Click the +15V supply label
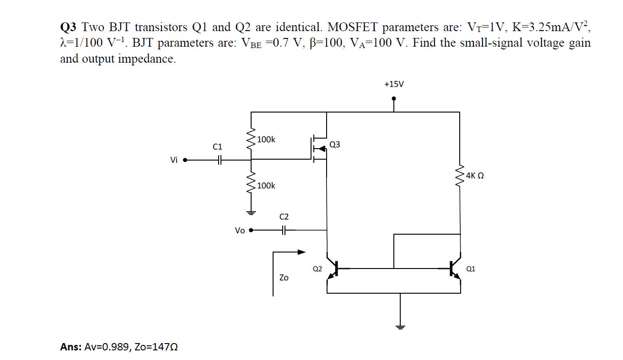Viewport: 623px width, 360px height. coord(394,84)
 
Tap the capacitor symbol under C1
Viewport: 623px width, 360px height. coord(220,160)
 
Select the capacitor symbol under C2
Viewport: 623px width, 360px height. coord(284,230)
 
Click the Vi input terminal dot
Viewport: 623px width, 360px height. coord(185,161)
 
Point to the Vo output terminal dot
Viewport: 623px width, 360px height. coord(251,230)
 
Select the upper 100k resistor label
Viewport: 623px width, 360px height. coord(266,139)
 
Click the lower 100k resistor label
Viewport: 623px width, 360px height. coord(266,185)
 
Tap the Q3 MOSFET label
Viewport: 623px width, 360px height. coord(334,145)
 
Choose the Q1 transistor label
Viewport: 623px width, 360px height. coord(471,269)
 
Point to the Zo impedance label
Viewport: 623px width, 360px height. coord(284,278)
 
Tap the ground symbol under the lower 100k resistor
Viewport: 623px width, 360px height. coord(251,213)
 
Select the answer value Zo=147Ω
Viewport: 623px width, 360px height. coord(156,347)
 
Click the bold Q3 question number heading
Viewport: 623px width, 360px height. coord(69,28)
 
